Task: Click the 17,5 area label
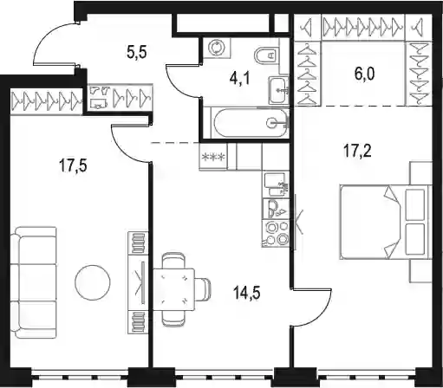click(x=73, y=165)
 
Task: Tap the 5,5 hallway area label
click(x=137, y=52)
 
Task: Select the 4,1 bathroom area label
click(x=239, y=78)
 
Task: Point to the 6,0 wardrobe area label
click(x=364, y=74)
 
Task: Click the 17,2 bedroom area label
click(x=357, y=151)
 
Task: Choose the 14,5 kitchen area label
click(x=247, y=294)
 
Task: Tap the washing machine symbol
click(x=217, y=47)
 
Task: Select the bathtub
click(x=250, y=123)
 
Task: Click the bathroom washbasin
click(x=279, y=90)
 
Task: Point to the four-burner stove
click(x=276, y=234)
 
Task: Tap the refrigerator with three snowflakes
click(x=213, y=157)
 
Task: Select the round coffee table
click(x=93, y=282)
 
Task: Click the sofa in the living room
click(x=34, y=282)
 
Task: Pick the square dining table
click(x=173, y=289)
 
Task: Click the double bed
click(x=386, y=222)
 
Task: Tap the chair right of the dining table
click(x=203, y=289)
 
